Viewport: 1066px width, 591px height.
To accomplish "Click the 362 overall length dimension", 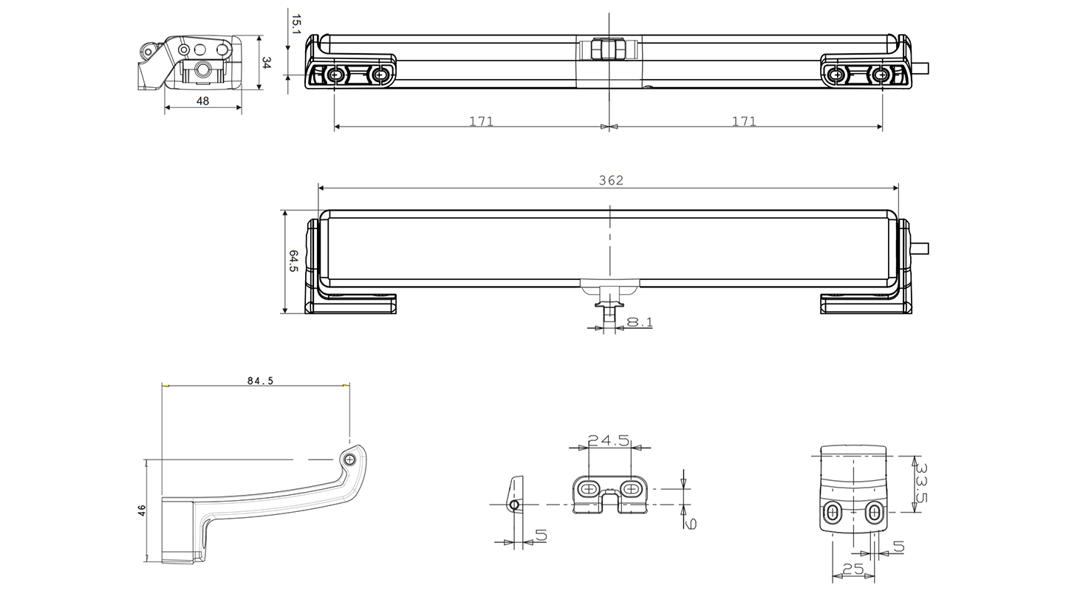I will click(611, 180).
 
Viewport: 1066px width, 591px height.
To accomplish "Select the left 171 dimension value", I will click(481, 121).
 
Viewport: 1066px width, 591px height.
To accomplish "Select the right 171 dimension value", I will click(744, 121).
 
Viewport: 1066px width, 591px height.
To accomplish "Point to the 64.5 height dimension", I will click(293, 261).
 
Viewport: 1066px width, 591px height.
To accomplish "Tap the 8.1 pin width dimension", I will click(639, 322).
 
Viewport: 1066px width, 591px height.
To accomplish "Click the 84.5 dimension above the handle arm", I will click(260, 380).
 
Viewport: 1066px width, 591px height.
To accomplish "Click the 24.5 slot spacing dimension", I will click(609, 441).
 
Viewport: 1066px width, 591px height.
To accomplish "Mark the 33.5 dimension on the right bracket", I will click(920, 482).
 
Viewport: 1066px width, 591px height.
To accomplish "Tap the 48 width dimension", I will click(202, 100).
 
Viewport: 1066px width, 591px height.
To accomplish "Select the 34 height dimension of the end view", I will click(266, 63).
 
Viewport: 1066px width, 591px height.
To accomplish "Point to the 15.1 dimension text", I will click(295, 24).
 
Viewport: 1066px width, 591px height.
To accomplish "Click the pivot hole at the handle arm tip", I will click(349, 459).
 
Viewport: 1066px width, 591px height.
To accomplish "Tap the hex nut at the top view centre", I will click(609, 49).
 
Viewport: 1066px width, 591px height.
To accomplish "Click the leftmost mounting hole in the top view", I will click(335, 75).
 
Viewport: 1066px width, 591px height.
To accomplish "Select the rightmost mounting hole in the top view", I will click(880, 75).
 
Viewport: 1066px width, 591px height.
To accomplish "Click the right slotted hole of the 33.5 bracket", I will click(874, 512).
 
